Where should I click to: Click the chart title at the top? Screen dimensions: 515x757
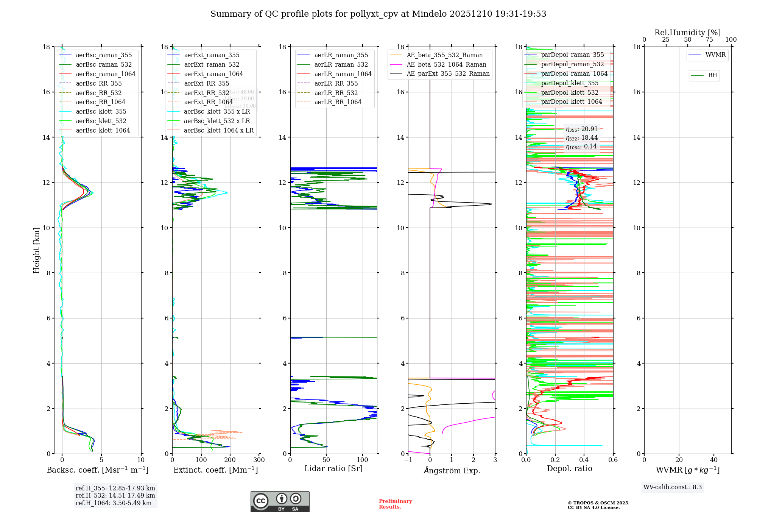click(378, 14)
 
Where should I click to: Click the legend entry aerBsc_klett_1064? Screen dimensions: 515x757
click(103, 130)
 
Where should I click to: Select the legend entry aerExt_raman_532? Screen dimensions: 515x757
click(212, 64)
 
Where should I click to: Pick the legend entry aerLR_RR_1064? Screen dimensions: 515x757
click(338, 102)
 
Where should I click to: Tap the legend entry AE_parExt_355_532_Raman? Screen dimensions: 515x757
click(448, 73)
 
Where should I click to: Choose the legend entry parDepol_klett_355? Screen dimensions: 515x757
click(570, 83)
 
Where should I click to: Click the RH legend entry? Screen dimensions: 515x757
click(712, 75)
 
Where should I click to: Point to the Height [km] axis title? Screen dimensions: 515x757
click(36, 250)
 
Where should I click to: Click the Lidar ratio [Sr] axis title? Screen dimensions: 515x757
click(333, 468)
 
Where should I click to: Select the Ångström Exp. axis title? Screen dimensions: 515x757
click(452, 470)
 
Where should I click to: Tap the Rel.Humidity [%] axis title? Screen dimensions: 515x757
click(687, 33)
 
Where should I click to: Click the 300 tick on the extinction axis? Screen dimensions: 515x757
click(259, 460)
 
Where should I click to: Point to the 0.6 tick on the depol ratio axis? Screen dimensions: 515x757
click(613, 460)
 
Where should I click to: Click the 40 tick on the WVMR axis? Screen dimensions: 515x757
click(714, 460)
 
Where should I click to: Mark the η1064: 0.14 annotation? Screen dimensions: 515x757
click(581, 147)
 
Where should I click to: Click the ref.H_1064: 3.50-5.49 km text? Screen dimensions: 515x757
click(114, 503)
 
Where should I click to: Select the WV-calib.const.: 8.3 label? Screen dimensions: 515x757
click(673, 487)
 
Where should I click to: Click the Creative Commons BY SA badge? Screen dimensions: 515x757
click(280, 502)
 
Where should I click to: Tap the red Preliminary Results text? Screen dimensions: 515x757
click(395, 504)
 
